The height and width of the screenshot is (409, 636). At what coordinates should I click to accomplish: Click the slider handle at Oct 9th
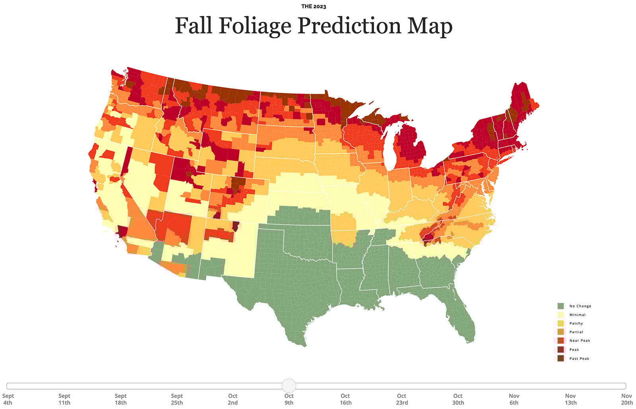pos(289,386)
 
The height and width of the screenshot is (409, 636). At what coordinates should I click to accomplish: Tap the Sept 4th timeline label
pos(8,399)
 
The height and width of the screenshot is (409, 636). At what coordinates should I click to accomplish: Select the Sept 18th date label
pos(120,399)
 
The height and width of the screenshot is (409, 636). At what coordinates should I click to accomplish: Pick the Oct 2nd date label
pos(233,399)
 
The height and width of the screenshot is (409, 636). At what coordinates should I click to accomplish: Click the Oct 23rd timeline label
pos(401,399)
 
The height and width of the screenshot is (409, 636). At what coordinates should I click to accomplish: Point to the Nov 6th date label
pos(514,399)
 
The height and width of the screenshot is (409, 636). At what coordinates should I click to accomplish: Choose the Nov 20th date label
pos(626,399)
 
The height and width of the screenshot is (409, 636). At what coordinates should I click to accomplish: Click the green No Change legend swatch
pos(560,306)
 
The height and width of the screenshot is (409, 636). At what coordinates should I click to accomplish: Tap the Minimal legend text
pos(577,315)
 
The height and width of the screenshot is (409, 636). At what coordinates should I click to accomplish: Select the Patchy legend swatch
pos(560,323)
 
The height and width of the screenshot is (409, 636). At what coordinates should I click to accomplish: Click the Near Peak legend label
pos(580,341)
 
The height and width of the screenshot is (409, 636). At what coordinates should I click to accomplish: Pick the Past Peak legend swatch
pos(560,358)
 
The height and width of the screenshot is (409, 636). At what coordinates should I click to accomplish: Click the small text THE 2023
pos(314,7)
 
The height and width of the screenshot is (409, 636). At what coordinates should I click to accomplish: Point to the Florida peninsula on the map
pos(463,318)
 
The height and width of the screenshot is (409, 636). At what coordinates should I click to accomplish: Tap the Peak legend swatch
pos(560,350)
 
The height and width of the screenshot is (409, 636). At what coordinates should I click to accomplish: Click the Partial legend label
pos(576,332)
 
